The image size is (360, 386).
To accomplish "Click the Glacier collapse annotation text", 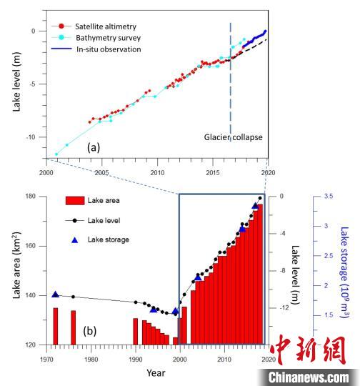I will pyautogui.click(x=234, y=137).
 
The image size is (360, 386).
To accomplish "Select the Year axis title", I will pyautogui.click(x=156, y=372).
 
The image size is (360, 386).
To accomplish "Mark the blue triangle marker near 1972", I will pyautogui.click(x=56, y=295).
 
